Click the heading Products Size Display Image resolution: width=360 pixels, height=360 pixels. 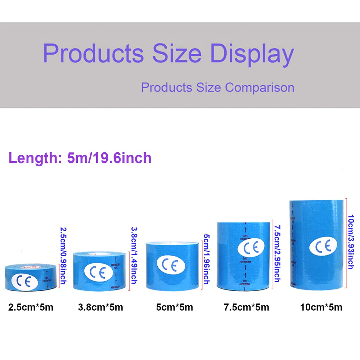point(168,54)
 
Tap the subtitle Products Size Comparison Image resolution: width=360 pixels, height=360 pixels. point(217,87)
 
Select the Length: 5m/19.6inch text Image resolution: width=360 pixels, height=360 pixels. point(80,158)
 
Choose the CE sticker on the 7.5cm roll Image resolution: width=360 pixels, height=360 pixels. point(251,248)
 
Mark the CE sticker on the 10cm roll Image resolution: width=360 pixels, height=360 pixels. point(323,246)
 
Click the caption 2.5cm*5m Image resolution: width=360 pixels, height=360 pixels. point(31,307)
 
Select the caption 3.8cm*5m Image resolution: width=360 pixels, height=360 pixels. point(100,307)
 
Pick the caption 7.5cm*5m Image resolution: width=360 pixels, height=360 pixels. point(246,307)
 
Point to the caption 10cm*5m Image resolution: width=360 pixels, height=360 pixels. point(321,307)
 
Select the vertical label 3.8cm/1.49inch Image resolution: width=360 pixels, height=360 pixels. point(134,255)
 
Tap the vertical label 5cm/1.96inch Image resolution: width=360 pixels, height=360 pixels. point(206,259)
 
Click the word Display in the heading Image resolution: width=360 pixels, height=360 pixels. point(252,54)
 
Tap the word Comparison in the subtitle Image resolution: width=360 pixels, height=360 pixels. point(260,87)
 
